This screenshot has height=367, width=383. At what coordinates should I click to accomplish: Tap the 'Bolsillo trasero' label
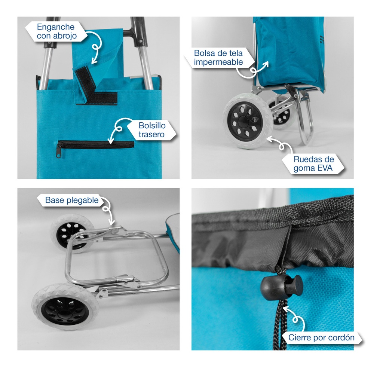click(x=152, y=130)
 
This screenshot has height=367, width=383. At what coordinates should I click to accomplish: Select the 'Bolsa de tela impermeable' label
click(x=218, y=57)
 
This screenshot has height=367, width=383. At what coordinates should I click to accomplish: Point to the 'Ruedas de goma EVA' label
click(x=313, y=163)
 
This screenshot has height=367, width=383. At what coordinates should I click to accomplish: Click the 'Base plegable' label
click(x=72, y=200)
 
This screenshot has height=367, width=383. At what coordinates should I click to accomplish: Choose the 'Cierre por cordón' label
click(x=321, y=337)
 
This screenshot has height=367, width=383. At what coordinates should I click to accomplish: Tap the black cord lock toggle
click(x=281, y=285)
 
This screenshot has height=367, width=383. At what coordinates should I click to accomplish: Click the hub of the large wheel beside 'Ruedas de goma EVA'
click(x=242, y=121)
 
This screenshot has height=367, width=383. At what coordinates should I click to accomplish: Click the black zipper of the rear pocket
click(x=95, y=145)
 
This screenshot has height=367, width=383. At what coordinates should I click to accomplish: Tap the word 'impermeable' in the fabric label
click(x=218, y=62)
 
